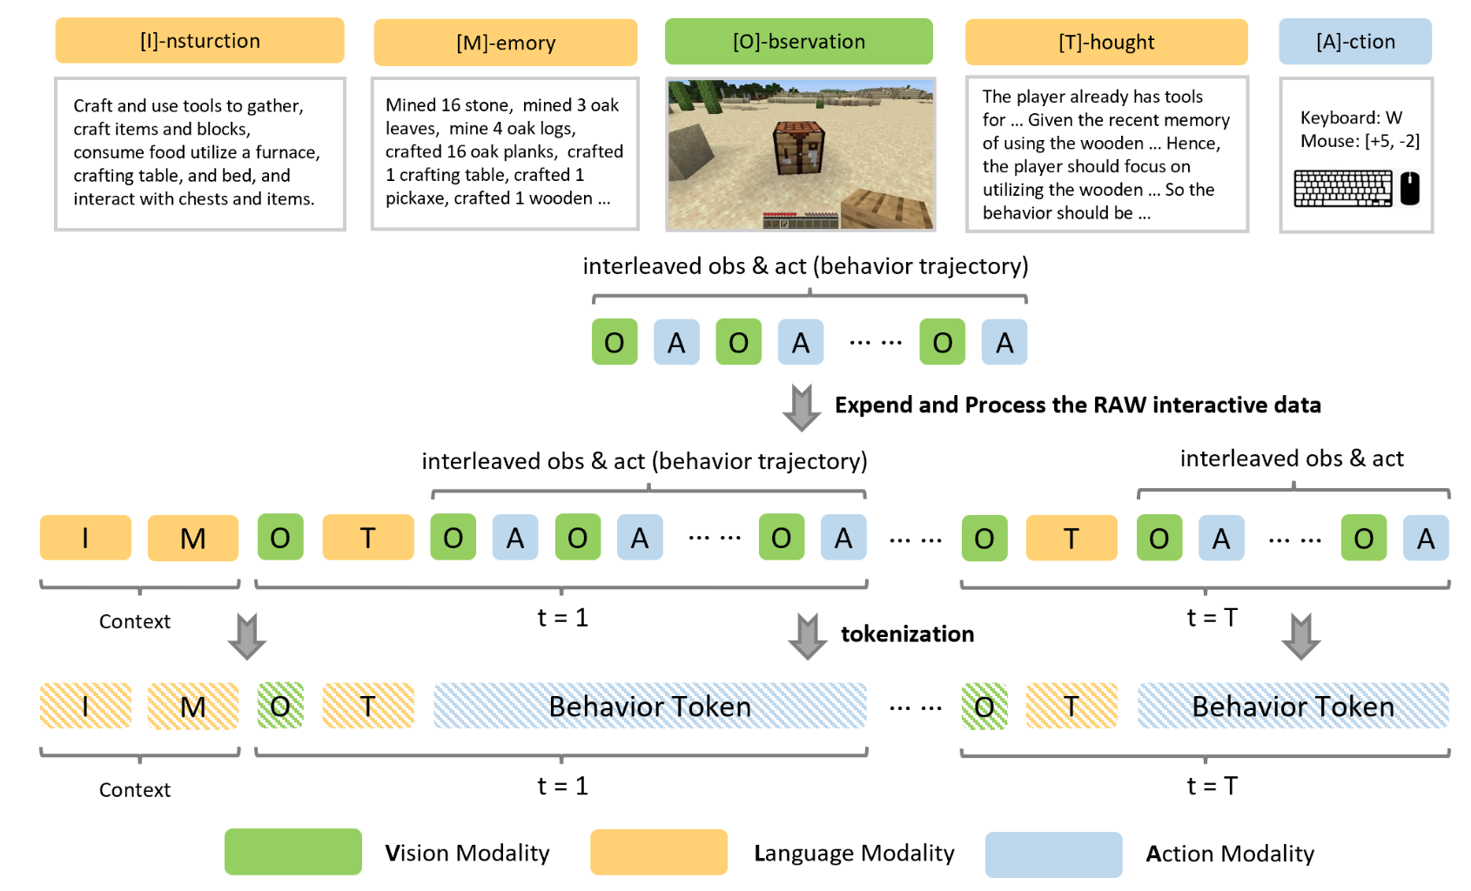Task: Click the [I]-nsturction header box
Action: click(x=199, y=41)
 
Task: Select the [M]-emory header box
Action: click(x=505, y=43)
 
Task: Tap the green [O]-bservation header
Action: click(x=798, y=42)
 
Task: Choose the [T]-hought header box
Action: click(x=1105, y=42)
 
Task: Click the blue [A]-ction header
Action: click(x=1354, y=42)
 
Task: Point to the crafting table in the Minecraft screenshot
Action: click(x=798, y=149)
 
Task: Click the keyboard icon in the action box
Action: click(x=1342, y=188)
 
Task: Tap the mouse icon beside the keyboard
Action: click(x=1409, y=188)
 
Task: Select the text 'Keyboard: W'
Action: click(x=1351, y=117)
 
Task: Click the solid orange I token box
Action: click(x=85, y=538)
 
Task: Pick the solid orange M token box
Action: click(x=192, y=538)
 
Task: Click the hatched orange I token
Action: click(x=85, y=706)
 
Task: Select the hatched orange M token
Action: click(x=192, y=706)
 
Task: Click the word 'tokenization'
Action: click(x=907, y=633)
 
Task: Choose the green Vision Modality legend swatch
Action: click(x=292, y=852)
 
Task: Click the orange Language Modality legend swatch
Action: click(x=658, y=852)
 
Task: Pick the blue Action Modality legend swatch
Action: click(x=1053, y=854)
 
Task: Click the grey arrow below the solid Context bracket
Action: click(x=247, y=636)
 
